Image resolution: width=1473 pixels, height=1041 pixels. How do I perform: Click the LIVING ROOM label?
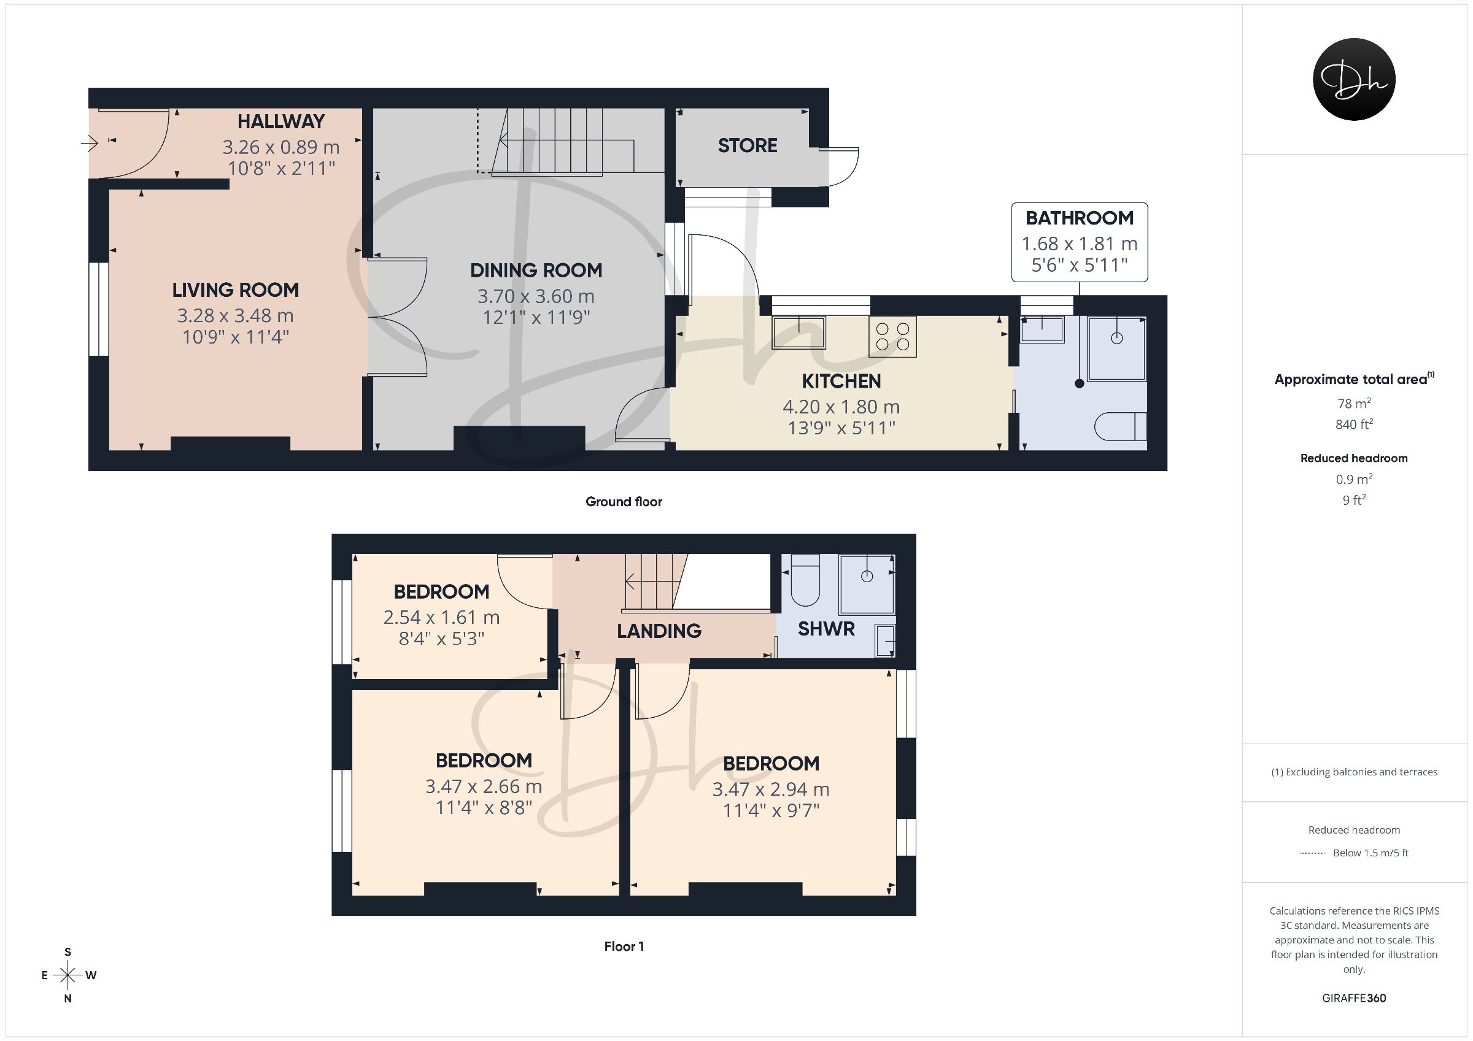[236, 290]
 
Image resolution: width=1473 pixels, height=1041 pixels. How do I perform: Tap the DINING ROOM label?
[536, 271]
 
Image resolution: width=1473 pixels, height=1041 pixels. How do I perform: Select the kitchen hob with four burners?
[892, 337]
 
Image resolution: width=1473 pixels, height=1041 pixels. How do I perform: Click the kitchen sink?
[798, 332]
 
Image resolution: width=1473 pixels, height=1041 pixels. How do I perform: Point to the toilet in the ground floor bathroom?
[1120, 426]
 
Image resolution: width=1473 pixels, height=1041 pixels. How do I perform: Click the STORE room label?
[748, 145]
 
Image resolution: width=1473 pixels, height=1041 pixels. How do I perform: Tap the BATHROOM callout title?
[1080, 218]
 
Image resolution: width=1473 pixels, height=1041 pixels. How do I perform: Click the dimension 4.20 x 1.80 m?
[841, 407]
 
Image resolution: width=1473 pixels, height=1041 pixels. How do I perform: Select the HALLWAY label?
[281, 121]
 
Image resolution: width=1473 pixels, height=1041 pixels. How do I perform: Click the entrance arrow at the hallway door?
[89, 143]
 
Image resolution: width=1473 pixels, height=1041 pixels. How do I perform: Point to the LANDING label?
[659, 631]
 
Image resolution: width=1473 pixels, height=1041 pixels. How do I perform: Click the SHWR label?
[826, 629]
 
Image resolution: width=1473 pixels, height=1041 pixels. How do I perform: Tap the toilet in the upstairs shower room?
[806, 580]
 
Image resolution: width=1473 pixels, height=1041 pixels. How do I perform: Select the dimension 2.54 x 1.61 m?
[441, 617]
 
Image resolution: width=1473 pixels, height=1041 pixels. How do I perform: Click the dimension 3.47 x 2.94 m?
[771, 789]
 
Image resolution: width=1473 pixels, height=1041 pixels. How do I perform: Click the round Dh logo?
[1355, 79]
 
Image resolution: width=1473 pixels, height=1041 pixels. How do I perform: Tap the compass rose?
[68, 975]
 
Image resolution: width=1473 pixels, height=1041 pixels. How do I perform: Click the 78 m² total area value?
[1355, 404]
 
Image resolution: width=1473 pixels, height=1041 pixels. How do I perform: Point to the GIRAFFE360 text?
[1355, 998]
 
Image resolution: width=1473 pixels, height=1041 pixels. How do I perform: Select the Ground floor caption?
[624, 502]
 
